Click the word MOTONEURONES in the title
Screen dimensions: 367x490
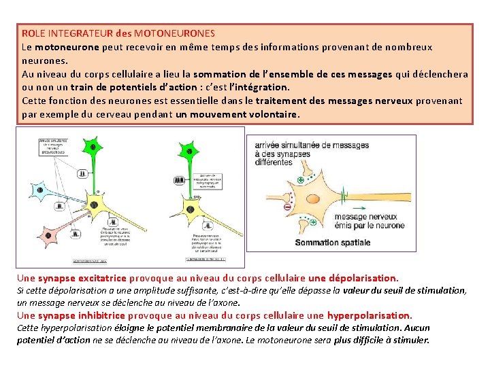[174, 33]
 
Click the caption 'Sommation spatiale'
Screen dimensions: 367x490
[333, 243]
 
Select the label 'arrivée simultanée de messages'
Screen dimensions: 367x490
[312, 145]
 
